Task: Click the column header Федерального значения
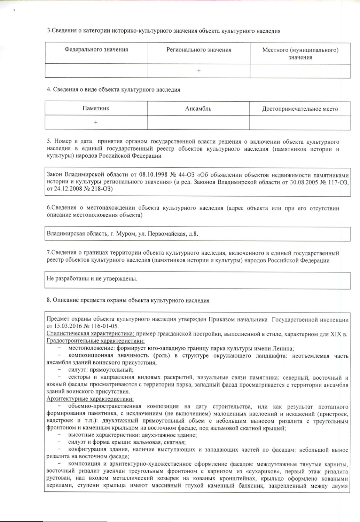click(x=96, y=49)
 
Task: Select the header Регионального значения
click(x=199, y=50)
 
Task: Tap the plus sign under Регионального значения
click(x=199, y=71)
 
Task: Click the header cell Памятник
click(x=96, y=108)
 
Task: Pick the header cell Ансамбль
click(x=198, y=109)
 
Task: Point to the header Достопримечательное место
click(x=300, y=109)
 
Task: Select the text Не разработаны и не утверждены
click(x=92, y=279)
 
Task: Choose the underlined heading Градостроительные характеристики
click(x=95, y=341)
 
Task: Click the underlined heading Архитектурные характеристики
click(x=90, y=399)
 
